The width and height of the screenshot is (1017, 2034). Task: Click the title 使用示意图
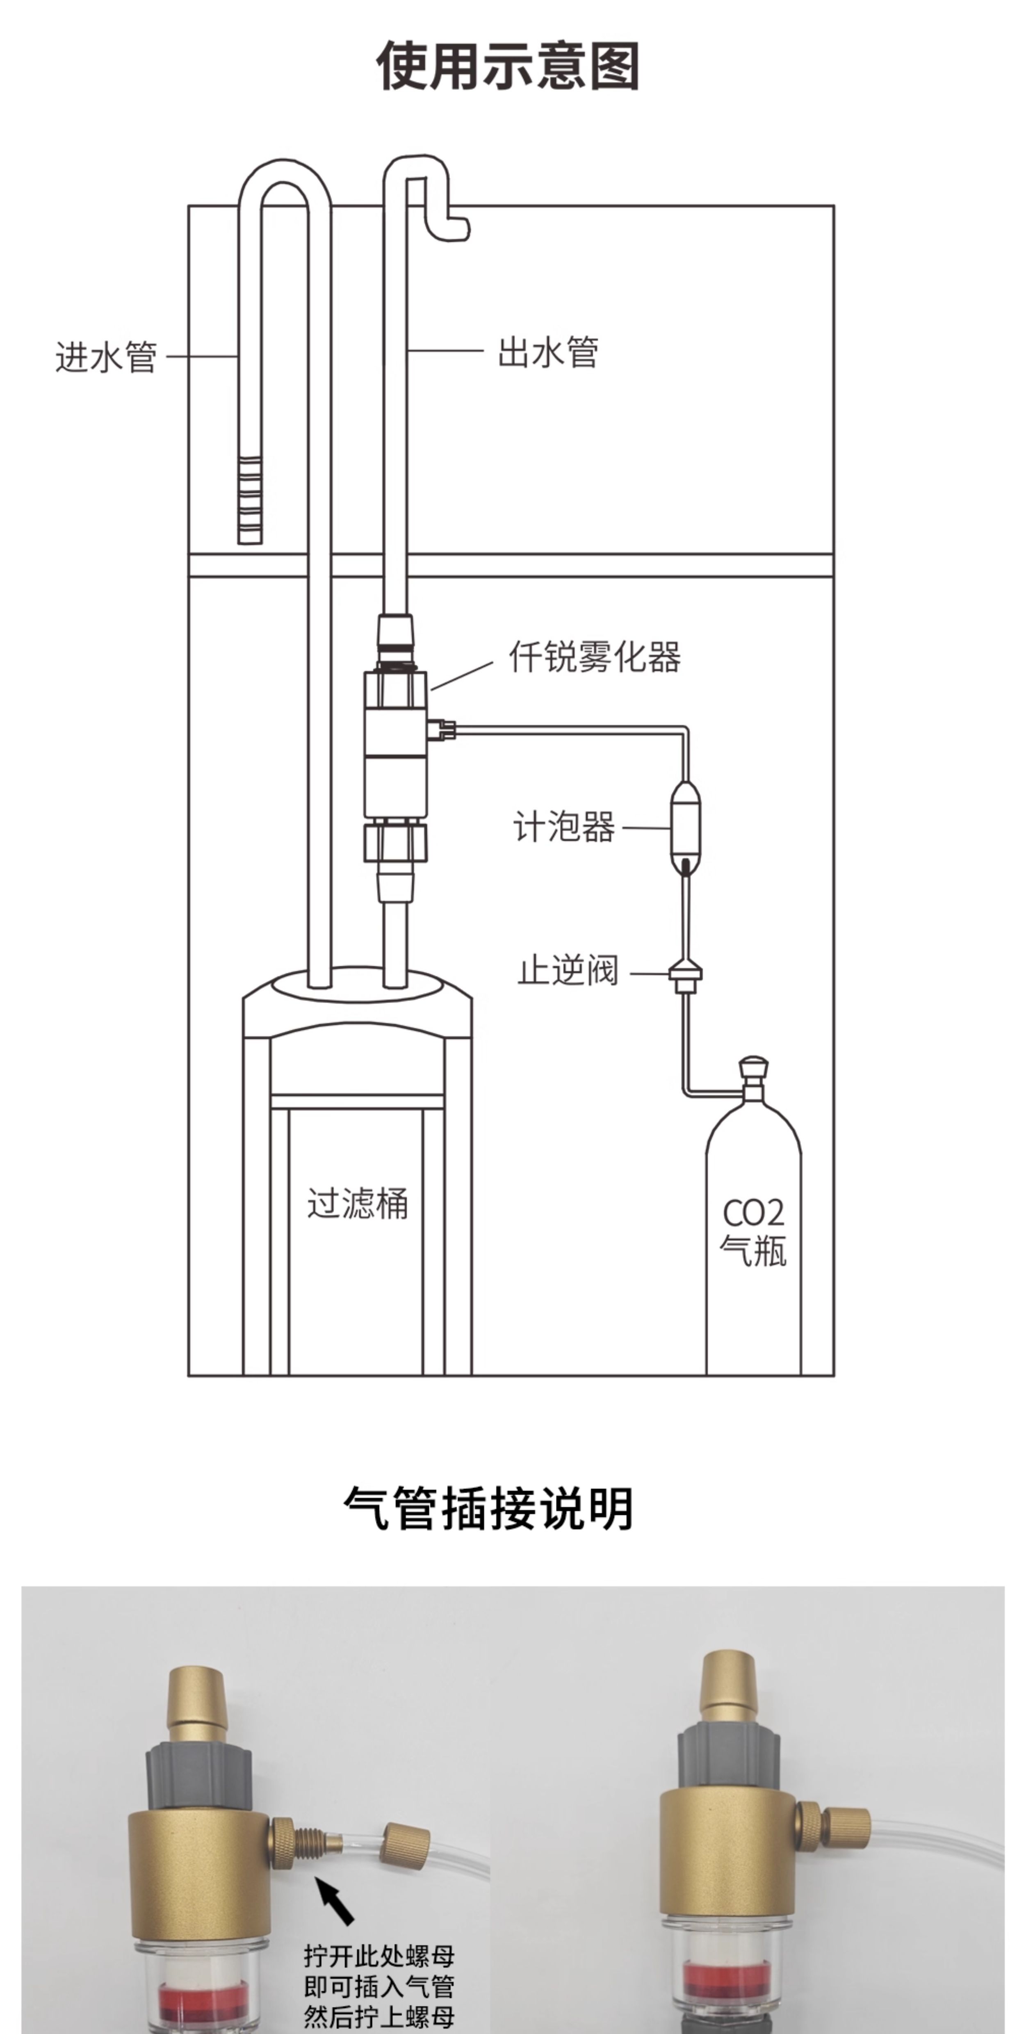pyautogui.click(x=508, y=66)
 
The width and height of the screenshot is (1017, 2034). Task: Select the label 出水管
pyautogui.click(x=548, y=352)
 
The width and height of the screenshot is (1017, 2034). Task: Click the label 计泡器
pyautogui.click(x=564, y=827)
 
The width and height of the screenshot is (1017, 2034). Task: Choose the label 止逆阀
pyautogui.click(x=568, y=970)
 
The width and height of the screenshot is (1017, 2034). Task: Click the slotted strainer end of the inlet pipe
pyautogui.click(x=250, y=500)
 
